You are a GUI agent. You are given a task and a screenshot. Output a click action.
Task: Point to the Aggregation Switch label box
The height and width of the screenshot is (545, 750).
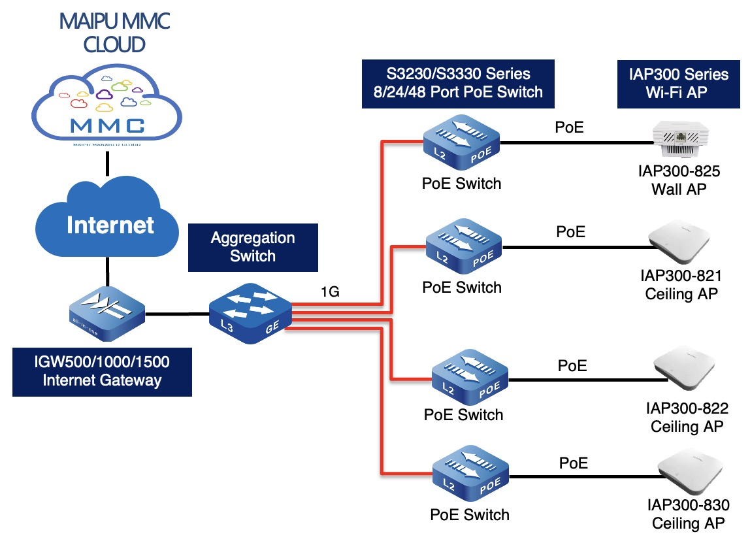(253, 247)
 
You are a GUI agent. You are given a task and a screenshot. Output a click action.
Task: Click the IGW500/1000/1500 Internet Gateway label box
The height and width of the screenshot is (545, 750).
(102, 371)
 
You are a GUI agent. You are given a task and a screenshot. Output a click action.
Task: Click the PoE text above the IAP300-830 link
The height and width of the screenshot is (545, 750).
(574, 463)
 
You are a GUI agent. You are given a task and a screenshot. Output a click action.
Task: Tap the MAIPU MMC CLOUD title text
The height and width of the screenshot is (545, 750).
(114, 32)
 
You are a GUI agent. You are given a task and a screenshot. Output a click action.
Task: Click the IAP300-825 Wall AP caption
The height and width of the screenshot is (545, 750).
(679, 180)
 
